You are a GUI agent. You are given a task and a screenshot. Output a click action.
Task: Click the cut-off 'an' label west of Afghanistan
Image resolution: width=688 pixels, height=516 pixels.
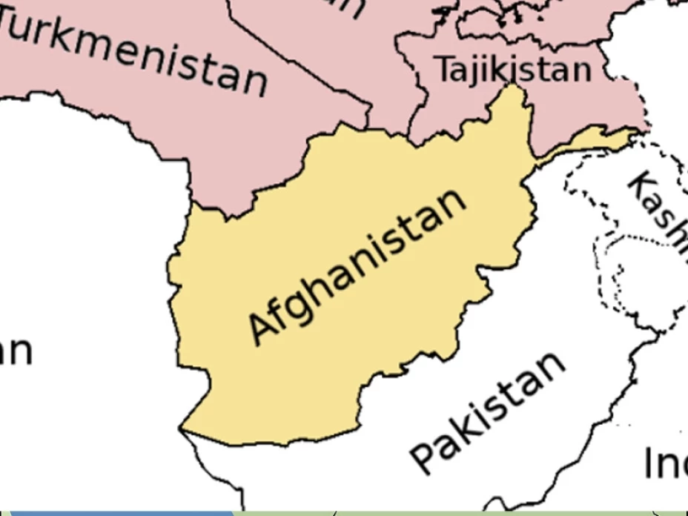(x=15, y=351)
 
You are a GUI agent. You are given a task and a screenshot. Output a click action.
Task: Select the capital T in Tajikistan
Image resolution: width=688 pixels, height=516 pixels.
(x=444, y=69)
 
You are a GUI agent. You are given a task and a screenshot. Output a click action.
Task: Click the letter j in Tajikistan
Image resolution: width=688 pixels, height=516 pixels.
(x=478, y=71)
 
